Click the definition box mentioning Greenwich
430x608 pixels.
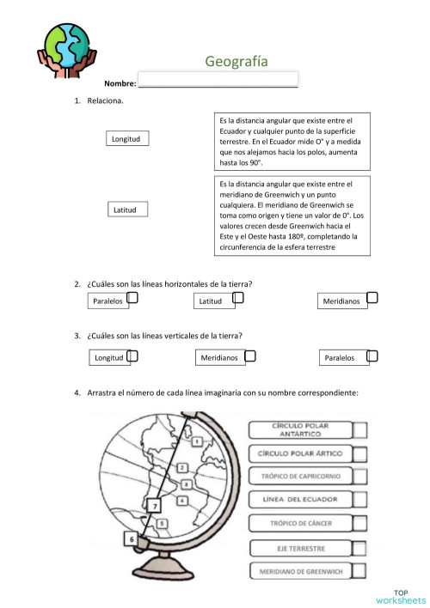[x=291, y=216]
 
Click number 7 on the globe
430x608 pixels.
[x=155, y=507]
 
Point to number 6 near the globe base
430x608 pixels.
[x=132, y=538]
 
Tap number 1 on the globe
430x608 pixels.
[x=197, y=441]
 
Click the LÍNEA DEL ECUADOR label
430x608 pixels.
[x=300, y=499]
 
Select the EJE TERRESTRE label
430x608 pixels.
[x=300, y=546]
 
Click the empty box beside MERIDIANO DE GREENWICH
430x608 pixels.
[x=360, y=569]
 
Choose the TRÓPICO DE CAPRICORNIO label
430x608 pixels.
[x=300, y=476]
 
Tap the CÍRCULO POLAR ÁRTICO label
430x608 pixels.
[x=300, y=453]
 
